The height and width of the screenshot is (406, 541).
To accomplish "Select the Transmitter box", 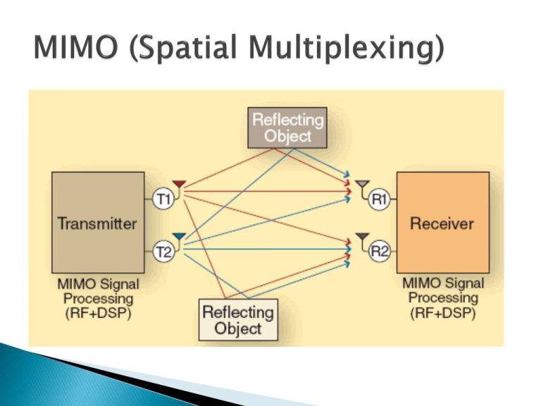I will pyautogui.click(x=97, y=223).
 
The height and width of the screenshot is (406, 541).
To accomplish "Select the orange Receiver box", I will pyautogui.click(x=442, y=223).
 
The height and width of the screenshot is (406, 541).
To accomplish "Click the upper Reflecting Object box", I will pyautogui.click(x=287, y=128).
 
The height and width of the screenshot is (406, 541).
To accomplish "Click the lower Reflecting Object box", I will pyautogui.click(x=237, y=320).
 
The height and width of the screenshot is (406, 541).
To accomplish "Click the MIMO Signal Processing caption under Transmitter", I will pyautogui.click(x=98, y=298).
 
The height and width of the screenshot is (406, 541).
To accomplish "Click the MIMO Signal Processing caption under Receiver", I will pyautogui.click(x=442, y=298).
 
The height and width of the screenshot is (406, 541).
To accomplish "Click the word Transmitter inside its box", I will pyautogui.click(x=97, y=223).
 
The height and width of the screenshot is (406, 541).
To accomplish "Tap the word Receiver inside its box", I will pyautogui.click(x=442, y=223).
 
